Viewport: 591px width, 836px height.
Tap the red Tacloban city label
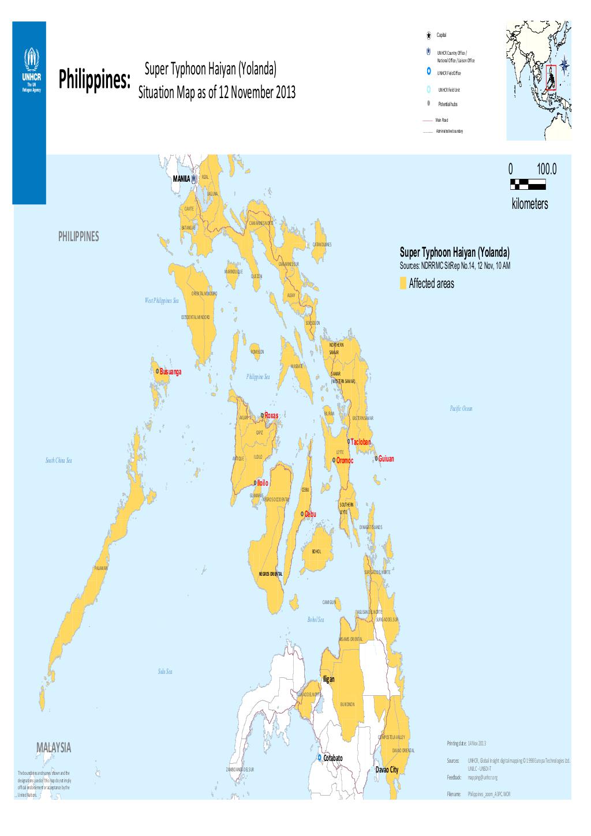click(x=361, y=442)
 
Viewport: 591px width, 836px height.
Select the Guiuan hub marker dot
click(x=376, y=459)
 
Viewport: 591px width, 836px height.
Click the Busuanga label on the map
click(x=170, y=372)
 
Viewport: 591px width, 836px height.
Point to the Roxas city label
click(x=271, y=415)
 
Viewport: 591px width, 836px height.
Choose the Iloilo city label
click(x=263, y=482)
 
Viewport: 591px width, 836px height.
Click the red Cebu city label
click(x=310, y=513)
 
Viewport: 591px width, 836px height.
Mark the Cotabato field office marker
click(x=319, y=757)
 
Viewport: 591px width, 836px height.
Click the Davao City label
click(x=387, y=770)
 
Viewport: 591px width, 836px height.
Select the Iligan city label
click(x=328, y=680)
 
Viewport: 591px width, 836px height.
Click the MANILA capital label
click(x=181, y=179)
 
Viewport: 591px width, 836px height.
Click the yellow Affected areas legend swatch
click(x=402, y=284)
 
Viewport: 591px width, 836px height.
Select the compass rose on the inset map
click(x=564, y=66)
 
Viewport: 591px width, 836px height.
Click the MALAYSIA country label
click(x=53, y=747)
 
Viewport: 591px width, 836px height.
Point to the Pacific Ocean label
click(x=461, y=408)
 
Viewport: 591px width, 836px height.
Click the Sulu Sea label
click(x=166, y=672)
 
